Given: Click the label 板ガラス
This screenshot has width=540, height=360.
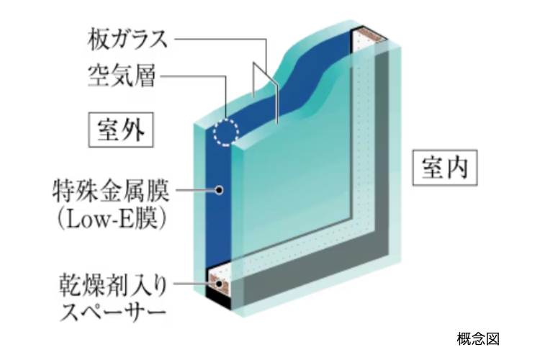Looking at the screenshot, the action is (127, 39).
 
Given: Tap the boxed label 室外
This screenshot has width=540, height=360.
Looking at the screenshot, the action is (121, 130).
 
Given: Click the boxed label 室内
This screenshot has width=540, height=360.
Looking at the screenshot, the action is (445, 168).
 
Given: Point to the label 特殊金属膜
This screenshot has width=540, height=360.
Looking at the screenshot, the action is (111, 191).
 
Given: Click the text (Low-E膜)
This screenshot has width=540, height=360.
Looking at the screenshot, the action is (112, 220).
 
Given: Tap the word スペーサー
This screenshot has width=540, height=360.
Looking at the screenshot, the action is (113, 312).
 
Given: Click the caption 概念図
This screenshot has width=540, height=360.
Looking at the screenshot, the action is (478, 339).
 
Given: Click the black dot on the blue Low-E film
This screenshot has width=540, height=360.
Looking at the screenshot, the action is (219, 190).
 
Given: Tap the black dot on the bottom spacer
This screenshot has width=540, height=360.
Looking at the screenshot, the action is (219, 284).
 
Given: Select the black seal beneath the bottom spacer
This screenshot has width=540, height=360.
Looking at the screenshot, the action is (217, 299).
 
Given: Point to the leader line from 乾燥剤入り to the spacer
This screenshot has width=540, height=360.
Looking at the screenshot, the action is (194, 284).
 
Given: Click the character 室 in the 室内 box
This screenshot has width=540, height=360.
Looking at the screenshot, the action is (433, 168).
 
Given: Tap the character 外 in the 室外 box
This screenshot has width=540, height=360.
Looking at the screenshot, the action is (133, 130).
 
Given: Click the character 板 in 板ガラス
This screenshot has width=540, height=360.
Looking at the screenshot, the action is (99, 40).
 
